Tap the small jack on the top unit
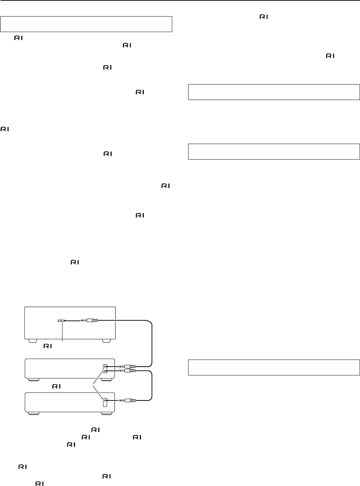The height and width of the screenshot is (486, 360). coord(60,320)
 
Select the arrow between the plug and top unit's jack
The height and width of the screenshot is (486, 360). coord(72,320)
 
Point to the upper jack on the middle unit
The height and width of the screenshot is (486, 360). coord(105,367)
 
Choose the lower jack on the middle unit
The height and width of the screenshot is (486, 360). coord(105,370)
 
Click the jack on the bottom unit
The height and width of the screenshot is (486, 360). coord(105,400)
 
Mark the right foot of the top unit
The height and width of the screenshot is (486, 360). coord(106,341)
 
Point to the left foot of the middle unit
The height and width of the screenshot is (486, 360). coord(33,380)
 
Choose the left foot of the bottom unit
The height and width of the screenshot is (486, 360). coord(33,413)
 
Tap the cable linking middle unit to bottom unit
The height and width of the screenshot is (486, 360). coord(152,386)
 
